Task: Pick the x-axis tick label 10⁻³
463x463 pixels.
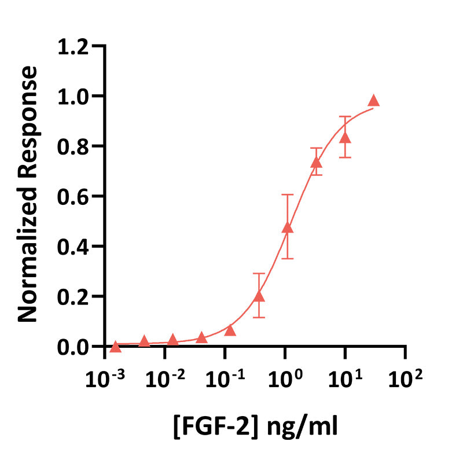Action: pyautogui.click(x=105, y=380)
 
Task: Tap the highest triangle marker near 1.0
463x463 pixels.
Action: pyautogui.click(x=374, y=101)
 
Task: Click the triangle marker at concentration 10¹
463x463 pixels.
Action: pyautogui.click(x=346, y=138)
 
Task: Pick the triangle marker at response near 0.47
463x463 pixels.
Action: pyautogui.click(x=288, y=229)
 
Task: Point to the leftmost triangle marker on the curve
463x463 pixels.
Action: pyautogui.click(x=115, y=347)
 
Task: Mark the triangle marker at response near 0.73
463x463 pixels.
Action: pyautogui.click(x=316, y=163)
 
